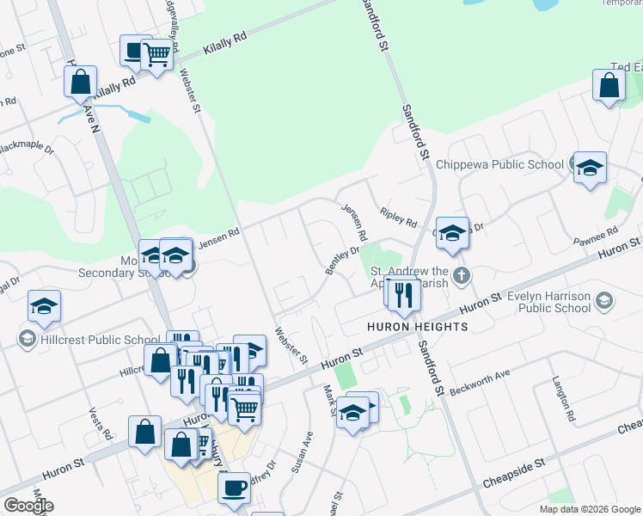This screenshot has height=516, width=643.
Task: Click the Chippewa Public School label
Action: tap(499, 164)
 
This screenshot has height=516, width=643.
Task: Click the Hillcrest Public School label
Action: tap(87, 340)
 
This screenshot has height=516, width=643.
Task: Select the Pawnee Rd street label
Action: tap(600, 234)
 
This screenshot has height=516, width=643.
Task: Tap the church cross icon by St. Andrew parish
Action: tap(462, 276)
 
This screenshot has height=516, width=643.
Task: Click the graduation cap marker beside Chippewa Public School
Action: tap(590, 167)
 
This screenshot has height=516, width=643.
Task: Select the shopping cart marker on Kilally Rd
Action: tap(156, 55)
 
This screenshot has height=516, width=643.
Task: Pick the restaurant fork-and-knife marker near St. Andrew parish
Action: tap(403, 295)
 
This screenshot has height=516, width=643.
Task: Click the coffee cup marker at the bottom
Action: tap(234, 488)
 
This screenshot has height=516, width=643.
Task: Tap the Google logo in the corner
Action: tap(28, 506)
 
